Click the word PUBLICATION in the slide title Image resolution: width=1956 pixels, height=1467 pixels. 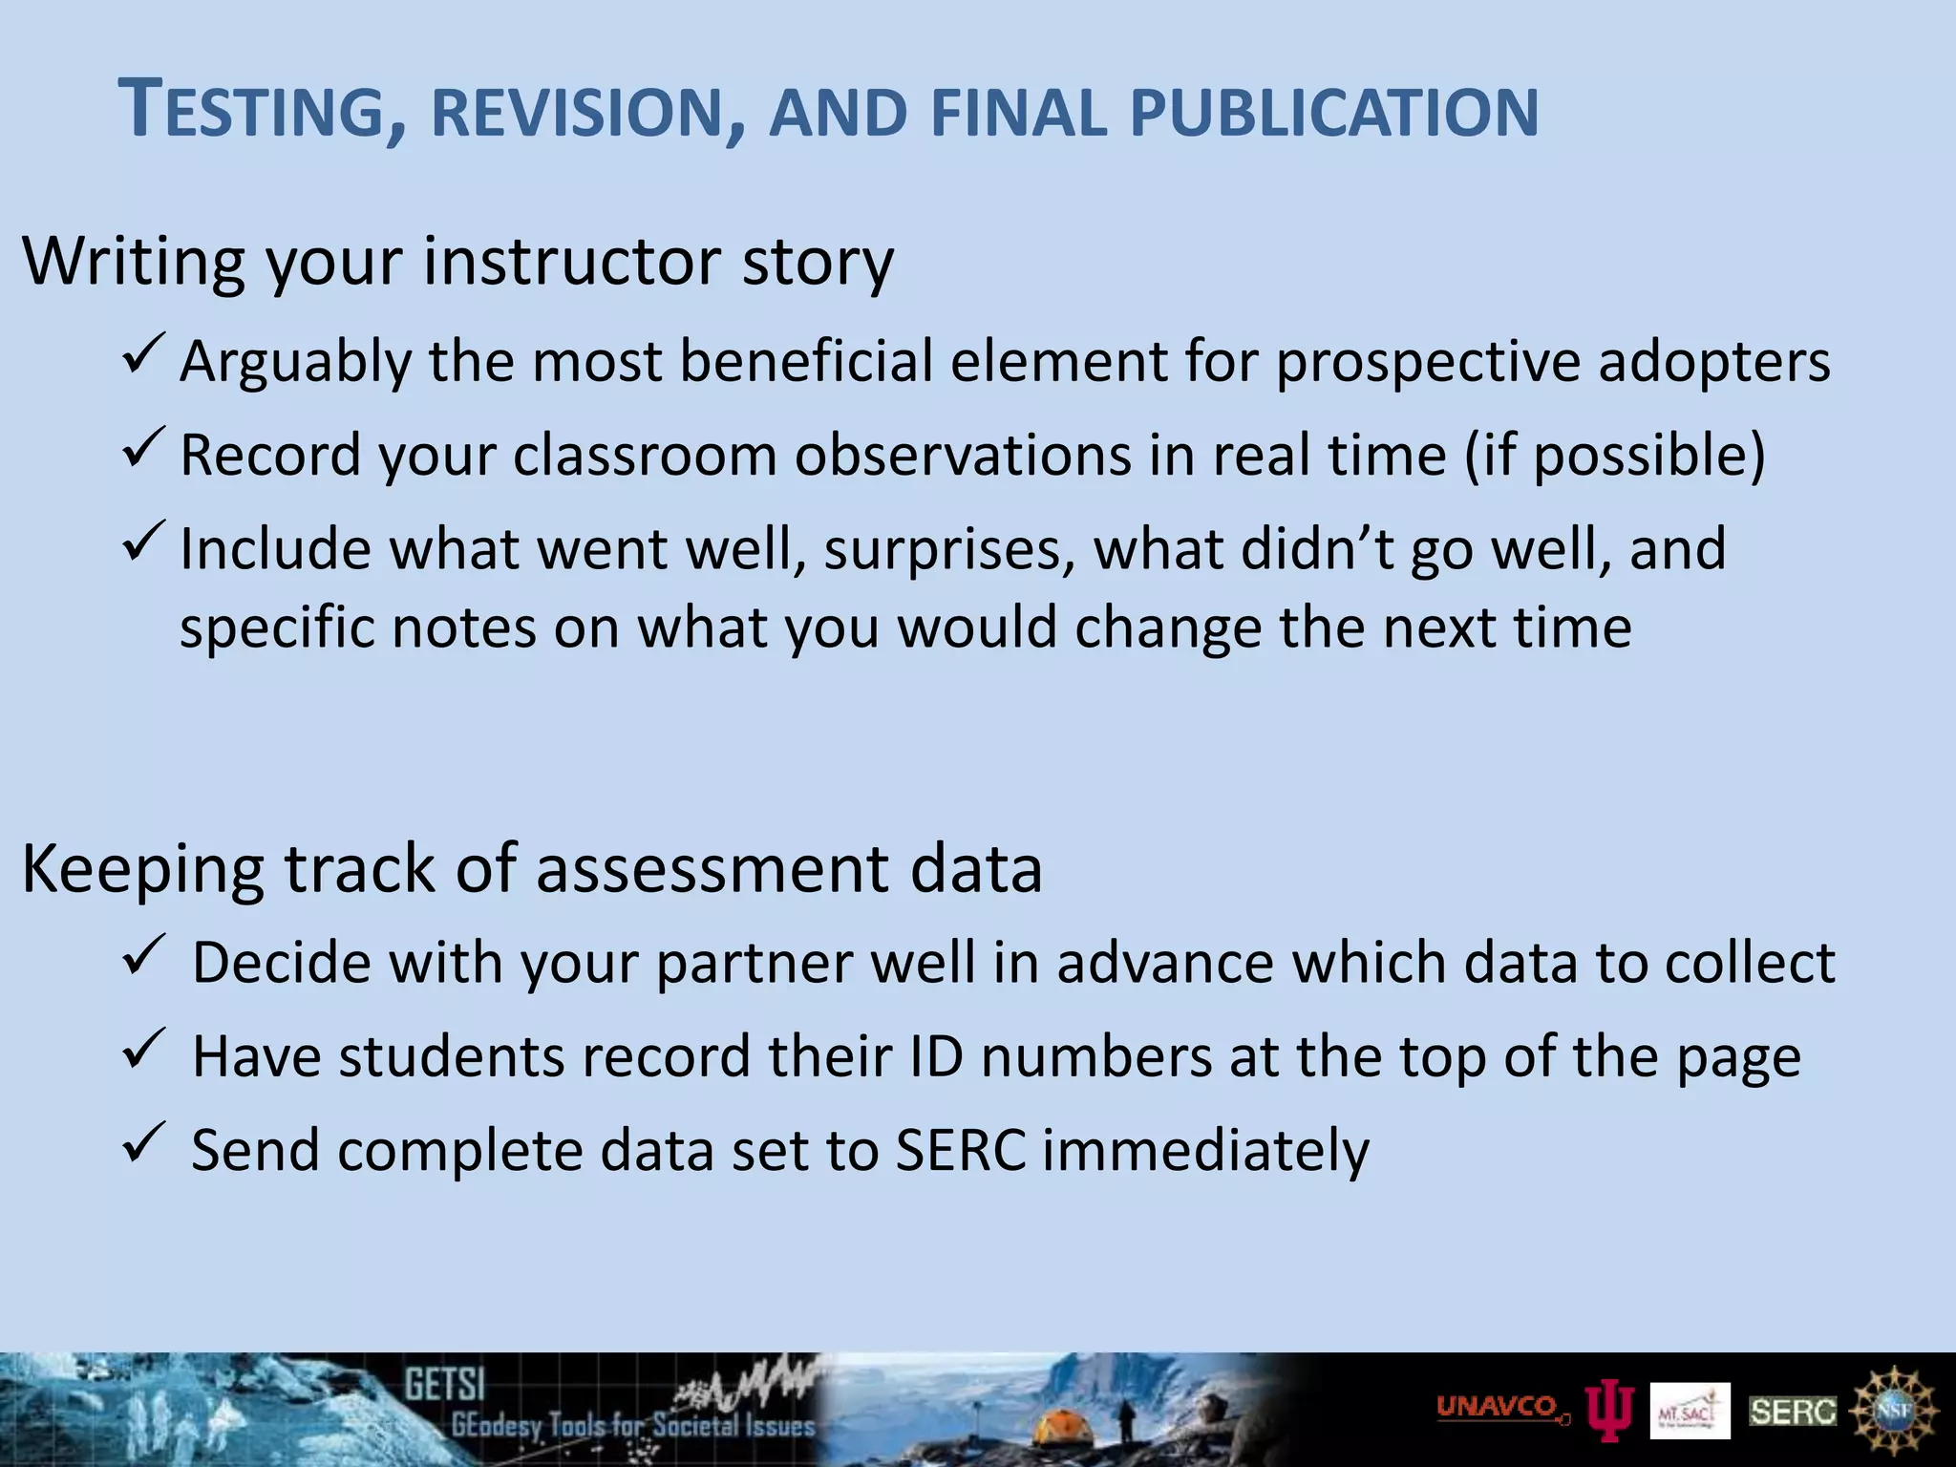coord(1333,113)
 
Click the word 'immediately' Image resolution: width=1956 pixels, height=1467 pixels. coord(1205,1151)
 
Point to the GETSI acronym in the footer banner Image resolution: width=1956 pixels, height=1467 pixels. coord(445,1385)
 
